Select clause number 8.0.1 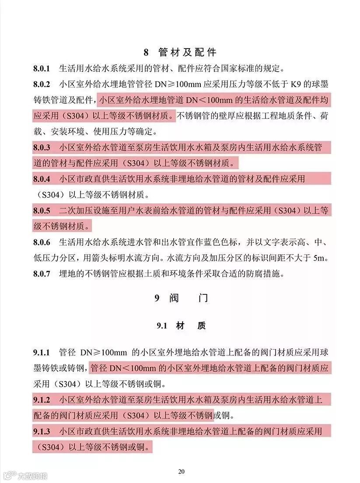tap(42, 69)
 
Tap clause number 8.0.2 tap(42, 84)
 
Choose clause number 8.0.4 tap(42, 179)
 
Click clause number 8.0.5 tap(42, 210)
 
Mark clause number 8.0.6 tap(42, 242)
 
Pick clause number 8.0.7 tap(42, 274)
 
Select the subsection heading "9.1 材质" tap(181, 326)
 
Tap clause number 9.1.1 tap(42, 353)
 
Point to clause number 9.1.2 tap(42, 400)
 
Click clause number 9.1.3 tap(42, 431)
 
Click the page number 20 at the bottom tap(182, 471)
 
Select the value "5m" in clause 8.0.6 tap(321, 258)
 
